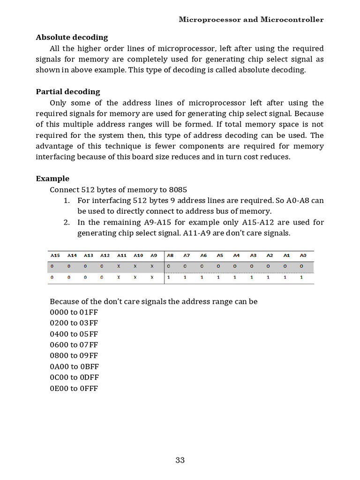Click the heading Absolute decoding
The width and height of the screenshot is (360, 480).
[x=72, y=37]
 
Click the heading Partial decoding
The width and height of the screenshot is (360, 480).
[x=68, y=92]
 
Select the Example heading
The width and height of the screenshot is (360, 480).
[x=52, y=179]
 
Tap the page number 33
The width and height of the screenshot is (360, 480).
[x=180, y=460]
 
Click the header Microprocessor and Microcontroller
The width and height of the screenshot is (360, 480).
[x=251, y=20]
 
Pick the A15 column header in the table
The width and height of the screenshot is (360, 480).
[x=55, y=255]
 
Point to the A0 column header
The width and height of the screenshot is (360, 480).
[x=303, y=255]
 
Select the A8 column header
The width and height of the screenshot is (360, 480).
[x=170, y=255]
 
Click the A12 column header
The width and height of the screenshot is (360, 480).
[x=105, y=255]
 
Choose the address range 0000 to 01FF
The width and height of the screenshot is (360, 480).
[x=74, y=312]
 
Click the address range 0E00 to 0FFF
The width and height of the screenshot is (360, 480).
[x=74, y=388]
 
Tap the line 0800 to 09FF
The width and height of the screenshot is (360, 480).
[x=74, y=355]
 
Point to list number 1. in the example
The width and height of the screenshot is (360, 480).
[x=67, y=201]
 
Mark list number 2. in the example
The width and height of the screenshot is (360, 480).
[x=67, y=222]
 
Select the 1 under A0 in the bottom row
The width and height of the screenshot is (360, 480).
[x=301, y=277]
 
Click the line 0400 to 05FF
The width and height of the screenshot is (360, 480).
[x=74, y=334]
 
